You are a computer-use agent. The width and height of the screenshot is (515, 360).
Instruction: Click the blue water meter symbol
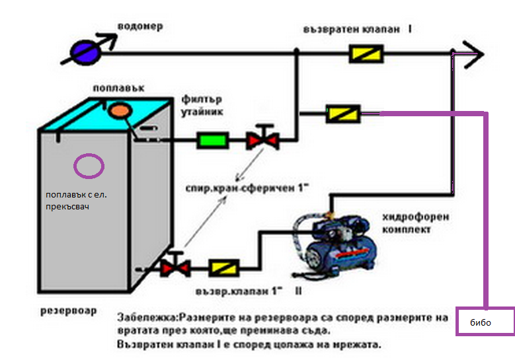tap(85, 50)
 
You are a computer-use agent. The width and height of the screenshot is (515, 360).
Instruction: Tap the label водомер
tap(139, 27)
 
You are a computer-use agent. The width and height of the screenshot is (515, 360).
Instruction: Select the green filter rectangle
tap(213, 140)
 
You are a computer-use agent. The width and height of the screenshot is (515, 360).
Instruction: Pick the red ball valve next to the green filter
tap(262, 140)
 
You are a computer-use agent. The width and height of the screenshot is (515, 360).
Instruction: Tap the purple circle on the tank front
tap(89, 166)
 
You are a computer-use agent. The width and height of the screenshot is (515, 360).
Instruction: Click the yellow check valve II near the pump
tap(223, 268)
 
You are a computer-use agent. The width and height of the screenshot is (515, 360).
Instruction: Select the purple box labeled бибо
tap(485, 322)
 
